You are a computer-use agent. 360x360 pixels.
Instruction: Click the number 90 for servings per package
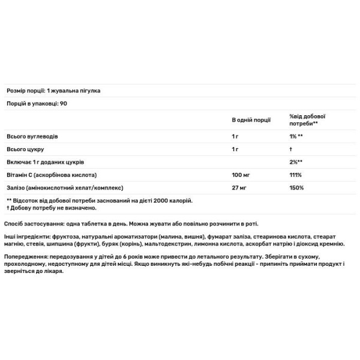tap(64, 104)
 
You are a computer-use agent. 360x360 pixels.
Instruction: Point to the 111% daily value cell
tap(295, 176)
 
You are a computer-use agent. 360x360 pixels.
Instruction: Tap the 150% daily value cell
tap(296, 189)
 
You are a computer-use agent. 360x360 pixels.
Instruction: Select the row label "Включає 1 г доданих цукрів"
tap(46, 163)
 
